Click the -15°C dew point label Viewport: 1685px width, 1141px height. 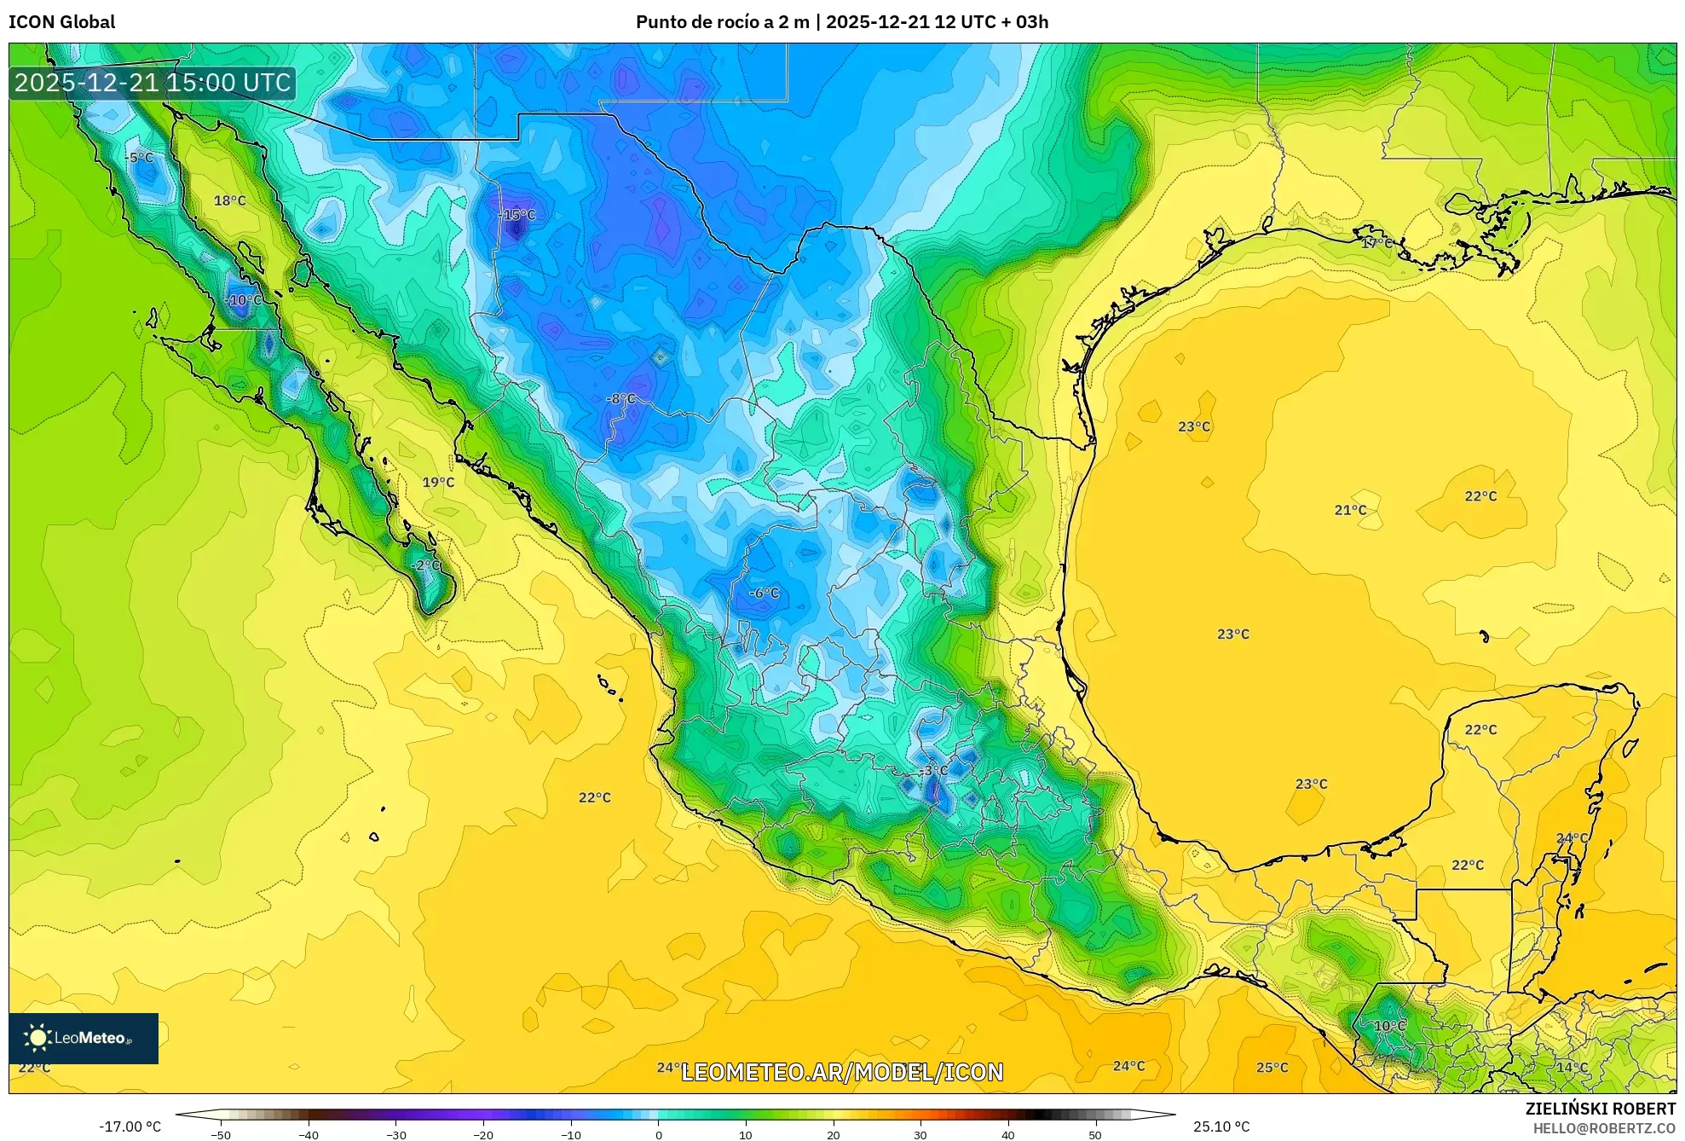pyautogui.click(x=517, y=215)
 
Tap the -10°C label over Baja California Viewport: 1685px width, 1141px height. pyautogui.click(x=244, y=300)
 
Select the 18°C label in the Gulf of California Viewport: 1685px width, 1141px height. pyautogui.click(x=229, y=200)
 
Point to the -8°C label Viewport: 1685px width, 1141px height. pyautogui.click(x=621, y=398)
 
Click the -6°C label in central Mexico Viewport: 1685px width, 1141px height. pyautogui.click(x=764, y=593)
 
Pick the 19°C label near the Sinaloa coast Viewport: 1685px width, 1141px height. pyautogui.click(x=438, y=482)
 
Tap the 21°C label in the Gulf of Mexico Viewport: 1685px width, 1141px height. pyautogui.click(x=1350, y=510)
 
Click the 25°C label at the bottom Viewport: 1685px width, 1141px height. pyautogui.click(x=1272, y=1068)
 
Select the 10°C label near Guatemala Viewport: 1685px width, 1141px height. pyautogui.click(x=1389, y=1026)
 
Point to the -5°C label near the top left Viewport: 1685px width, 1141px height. pyautogui.click(x=139, y=158)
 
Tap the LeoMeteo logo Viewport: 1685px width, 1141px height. pyautogui.click(x=83, y=1038)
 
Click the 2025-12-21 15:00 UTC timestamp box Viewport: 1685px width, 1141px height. pyautogui.click(x=153, y=83)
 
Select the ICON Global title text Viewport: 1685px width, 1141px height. pyautogui.click(x=61, y=21)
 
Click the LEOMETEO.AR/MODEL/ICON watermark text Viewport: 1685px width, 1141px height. pyautogui.click(x=842, y=1072)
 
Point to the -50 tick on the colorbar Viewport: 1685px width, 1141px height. pyautogui.click(x=221, y=1134)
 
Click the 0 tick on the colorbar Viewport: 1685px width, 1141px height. pyautogui.click(x=658, y=1134)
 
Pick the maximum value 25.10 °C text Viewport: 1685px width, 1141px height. pyautogui.click(x=1220, y=1127)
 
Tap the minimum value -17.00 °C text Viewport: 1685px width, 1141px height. pyautogui.click(x=130, y=1127)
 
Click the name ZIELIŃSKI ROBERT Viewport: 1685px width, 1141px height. pyautogui.click(x=1600, y=1109)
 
